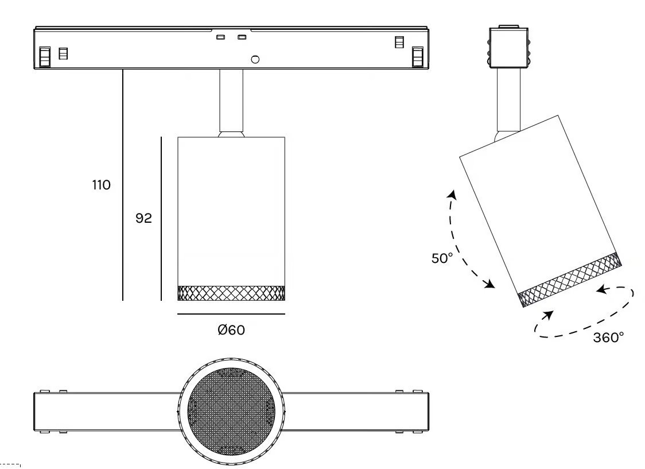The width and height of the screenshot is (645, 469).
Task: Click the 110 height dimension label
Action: click(x=101, y=185)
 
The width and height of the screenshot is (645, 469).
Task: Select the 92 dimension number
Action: click(x=143, y=218)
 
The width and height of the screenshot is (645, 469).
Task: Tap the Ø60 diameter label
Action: click(x=231, y=330)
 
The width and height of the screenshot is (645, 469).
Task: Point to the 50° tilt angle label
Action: click(x=442, y=258)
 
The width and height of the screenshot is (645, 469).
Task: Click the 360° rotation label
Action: click(x=608, y=338)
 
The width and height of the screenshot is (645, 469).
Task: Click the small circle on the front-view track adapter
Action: click(x=255, y=59)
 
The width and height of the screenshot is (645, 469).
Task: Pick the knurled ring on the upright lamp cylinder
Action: click(x=231, y=293)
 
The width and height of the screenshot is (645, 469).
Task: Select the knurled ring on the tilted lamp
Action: click(x=570, y=280)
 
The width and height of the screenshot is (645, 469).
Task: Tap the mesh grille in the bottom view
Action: click(x=231, y=412)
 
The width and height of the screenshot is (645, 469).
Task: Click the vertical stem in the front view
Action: click(x=231, y=100)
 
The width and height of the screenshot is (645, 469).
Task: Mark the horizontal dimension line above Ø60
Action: click(x=231, y=315)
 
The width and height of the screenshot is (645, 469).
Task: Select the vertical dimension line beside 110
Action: click(x=123, y=185)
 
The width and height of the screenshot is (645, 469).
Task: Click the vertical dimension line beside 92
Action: click(x=161, y=219)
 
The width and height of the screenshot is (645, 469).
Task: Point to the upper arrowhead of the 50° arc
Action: click(x=453, y=195)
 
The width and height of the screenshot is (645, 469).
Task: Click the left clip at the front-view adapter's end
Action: click(x=44, y=56)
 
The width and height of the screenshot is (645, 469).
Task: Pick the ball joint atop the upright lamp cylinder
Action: click(x=231, y=134)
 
